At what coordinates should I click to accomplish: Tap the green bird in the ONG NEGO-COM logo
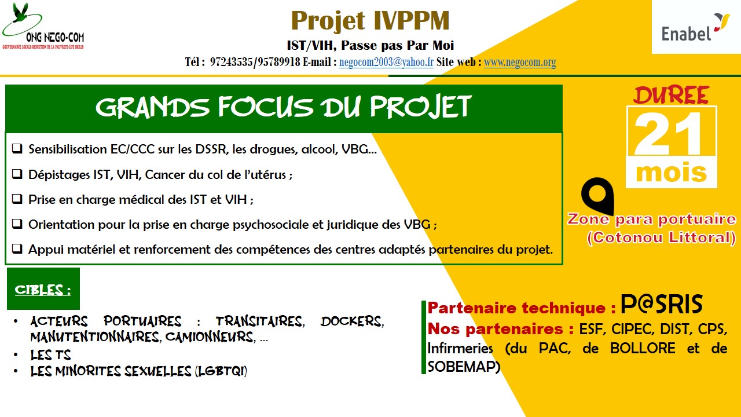point(20,13)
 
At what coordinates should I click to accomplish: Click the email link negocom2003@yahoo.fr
point(386,62)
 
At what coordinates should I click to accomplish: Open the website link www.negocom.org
point(520,62)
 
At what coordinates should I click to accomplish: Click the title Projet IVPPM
point(370,20)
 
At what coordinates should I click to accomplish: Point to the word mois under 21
point(671,173)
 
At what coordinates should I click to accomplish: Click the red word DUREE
point(671,96)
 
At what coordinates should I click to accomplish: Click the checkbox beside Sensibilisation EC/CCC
point(17,149)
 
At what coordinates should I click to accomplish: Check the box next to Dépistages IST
point(17,174)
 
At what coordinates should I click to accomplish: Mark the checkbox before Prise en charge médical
point(17,199)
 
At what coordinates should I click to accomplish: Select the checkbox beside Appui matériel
point(17,248)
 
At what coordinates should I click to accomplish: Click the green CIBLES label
point(43,289)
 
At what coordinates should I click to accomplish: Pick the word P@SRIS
point(661,303)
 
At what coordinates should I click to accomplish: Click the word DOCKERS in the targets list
point(352,321)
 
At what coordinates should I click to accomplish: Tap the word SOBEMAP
point(464,366)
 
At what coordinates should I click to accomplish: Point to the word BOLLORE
point(643,348)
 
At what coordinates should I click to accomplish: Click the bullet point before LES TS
point(16,355)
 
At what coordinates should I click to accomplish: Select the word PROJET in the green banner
point(420,107)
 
